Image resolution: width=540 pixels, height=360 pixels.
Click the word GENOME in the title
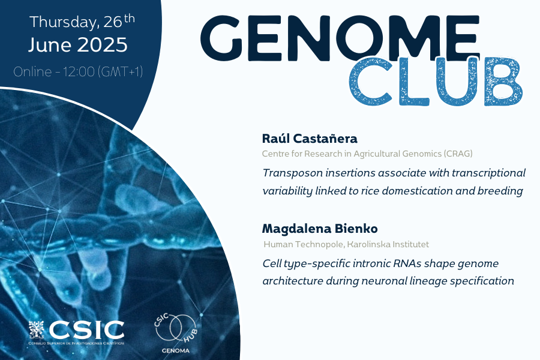[340, 38]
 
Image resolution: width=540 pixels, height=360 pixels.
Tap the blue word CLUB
[436, 82]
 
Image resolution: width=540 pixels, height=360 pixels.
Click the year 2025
[102, 45]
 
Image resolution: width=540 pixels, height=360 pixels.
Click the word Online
[32, 71]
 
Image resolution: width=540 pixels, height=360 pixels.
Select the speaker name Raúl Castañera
[310, 139]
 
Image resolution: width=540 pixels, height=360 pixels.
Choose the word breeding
[500, 191]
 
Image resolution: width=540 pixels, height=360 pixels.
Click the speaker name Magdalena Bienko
[320, 229]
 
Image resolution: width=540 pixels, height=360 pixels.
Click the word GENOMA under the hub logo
[176, 350]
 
